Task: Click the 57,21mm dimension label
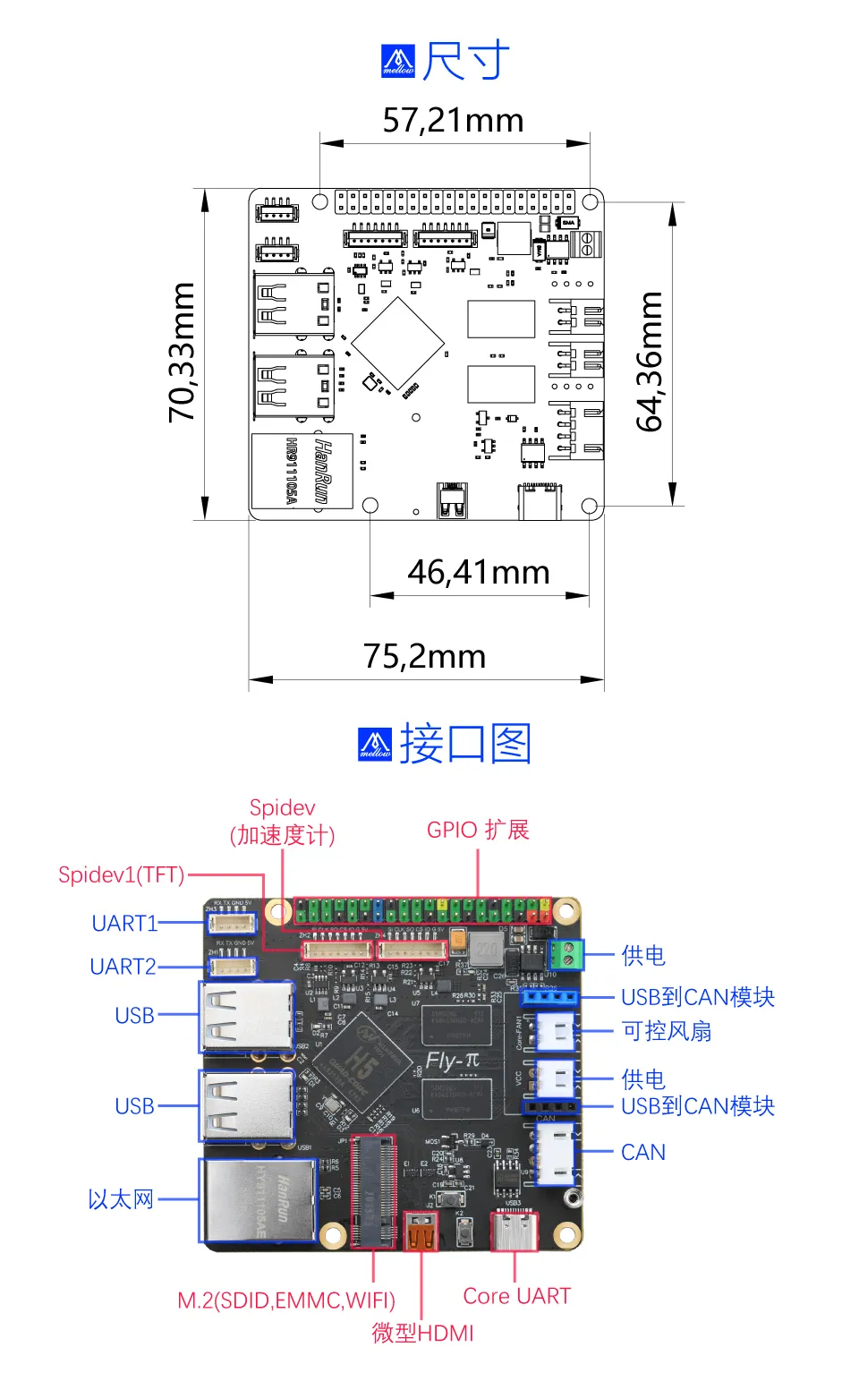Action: (453, 120)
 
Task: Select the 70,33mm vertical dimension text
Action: (182, 352)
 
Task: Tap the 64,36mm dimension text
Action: (649, 361)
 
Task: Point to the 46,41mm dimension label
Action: (479, 572)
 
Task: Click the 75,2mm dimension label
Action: (424, 656)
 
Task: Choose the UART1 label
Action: (124, 924)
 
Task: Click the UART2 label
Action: (123, 967)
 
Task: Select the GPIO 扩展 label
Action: (478, 830)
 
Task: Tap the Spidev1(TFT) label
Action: (121, 874)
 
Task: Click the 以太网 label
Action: (121, 1199)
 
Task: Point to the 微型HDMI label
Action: (422, 1333)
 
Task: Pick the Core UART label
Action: (516, 1296)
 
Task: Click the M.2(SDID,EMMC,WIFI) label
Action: (286, 1300)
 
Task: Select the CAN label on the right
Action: (643, 1152)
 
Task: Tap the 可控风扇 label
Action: (667, 1031)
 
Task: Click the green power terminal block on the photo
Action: (566, 955)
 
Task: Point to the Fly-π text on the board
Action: (452, 1061)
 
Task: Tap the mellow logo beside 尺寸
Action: (398, 62)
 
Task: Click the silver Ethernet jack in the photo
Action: (259, 1200)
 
